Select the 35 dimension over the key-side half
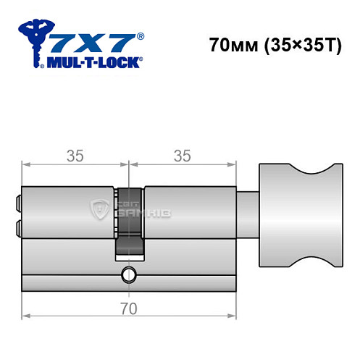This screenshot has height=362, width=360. (75, 155)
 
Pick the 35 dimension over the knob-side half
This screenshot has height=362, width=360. (183, 155)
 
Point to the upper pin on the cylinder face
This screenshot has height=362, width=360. (17, 198)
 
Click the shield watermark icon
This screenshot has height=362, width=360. (98, 210)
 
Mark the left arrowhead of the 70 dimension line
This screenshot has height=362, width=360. (25, 316)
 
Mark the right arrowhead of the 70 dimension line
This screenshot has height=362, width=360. (233, 316)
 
